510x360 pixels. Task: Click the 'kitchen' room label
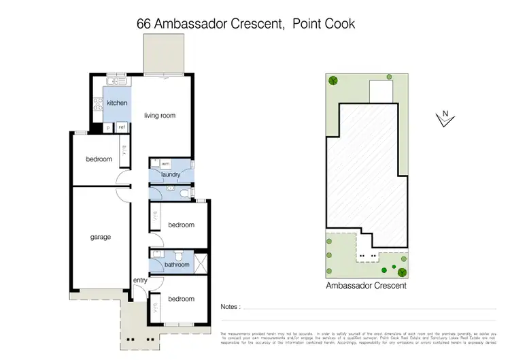point(116,103)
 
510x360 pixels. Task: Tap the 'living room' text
point(160,116)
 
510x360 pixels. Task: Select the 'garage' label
point(100,238)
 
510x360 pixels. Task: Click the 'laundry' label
point(170,174)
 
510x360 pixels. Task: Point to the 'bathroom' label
point(177,265)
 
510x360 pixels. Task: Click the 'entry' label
point(140,280)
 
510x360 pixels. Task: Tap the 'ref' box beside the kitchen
point(122,127)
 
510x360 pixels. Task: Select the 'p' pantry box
point(107,127)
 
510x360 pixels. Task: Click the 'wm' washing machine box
point(165,163)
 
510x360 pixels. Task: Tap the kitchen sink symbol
point(116,82)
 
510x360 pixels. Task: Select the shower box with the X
point(199,263)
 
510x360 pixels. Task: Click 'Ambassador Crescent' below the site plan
point(366,287)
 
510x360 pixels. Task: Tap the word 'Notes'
point(229,307)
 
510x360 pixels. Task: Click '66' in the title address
point(144,24)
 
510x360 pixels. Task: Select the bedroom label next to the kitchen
point(99,159)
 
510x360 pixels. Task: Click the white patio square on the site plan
point(379,90)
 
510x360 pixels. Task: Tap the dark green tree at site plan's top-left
point(333,81)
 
